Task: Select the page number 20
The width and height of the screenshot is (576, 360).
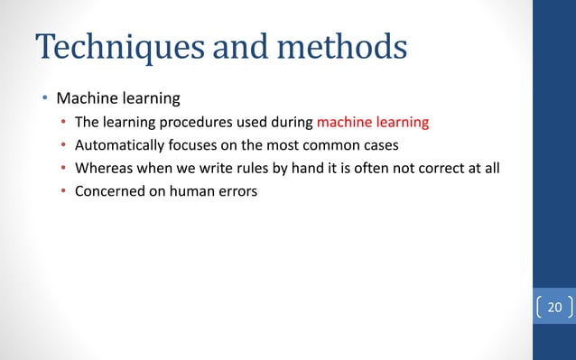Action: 554,309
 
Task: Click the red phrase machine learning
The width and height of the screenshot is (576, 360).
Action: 373,121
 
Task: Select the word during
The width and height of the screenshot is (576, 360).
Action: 291,121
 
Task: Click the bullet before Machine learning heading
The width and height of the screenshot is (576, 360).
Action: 42,97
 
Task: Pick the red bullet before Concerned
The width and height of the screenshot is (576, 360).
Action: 62,191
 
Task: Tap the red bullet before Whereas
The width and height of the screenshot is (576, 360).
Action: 62,168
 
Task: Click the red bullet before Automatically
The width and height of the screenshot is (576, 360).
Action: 62,144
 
